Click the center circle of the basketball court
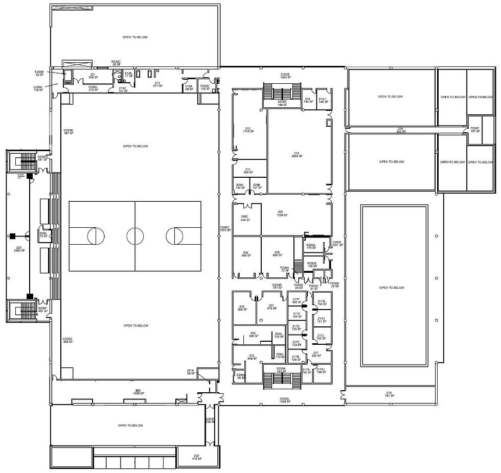(135, 236)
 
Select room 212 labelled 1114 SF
(248, 130)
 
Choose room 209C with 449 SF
(244, 219)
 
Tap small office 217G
(322, 303)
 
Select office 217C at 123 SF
(296, 344)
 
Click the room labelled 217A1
(321, 370)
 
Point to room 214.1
(323, 100)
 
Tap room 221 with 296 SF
(93, 76)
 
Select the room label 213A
(189, 87)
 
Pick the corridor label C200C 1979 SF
(225, 229)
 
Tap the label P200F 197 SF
(475, 129)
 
